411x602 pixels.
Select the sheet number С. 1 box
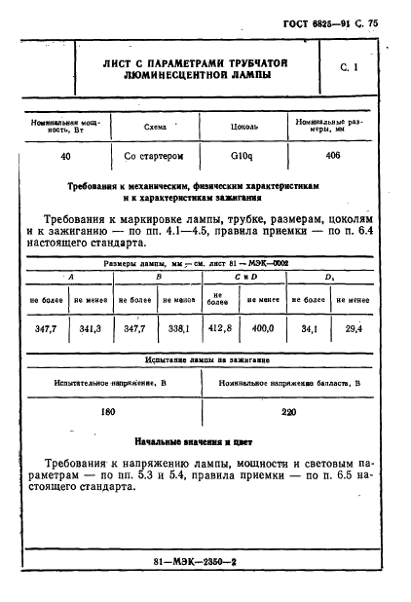pos(350,68)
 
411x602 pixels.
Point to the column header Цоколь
pos(244,126)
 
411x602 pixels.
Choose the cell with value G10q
pos(243,156)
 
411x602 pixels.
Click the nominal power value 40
pos(65,156)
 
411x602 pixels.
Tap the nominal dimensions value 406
pos(332,156)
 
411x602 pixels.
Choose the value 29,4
pos(354,330)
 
